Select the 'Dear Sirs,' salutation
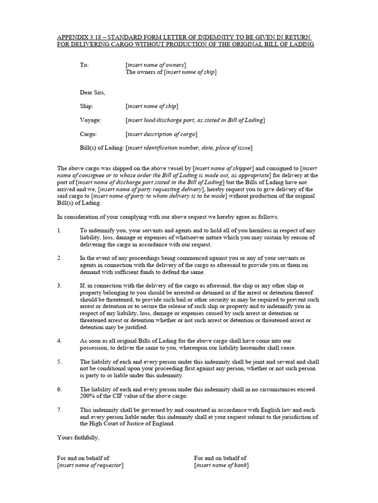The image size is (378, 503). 93,92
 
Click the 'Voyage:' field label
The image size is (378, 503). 91,120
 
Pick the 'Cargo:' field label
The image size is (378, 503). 89,134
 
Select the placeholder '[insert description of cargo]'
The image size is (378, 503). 161,134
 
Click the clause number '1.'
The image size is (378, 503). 60,230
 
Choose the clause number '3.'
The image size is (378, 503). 60,285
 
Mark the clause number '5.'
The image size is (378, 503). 60,362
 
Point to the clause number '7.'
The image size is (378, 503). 60,410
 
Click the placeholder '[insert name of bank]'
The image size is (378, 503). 221,465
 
